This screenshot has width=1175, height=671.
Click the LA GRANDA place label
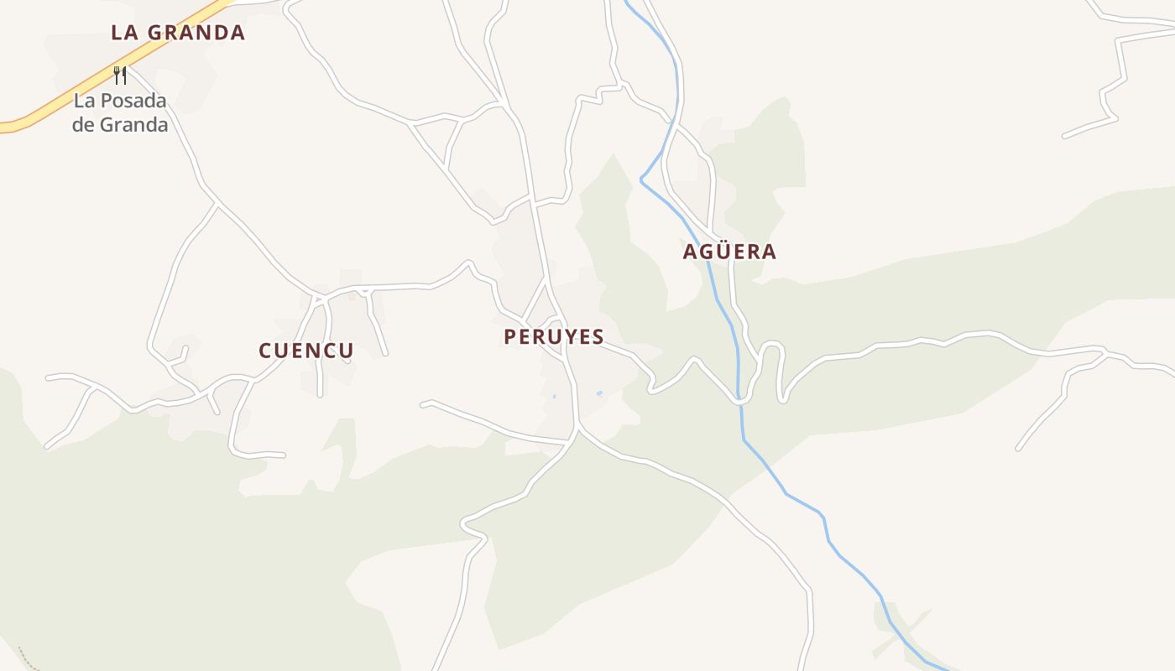pyautogui.click(x=178, y=33)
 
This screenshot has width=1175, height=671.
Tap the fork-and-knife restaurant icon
pyautogui.click(x=120, y=75)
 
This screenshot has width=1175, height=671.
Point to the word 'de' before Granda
pyautogui.click(x=83, y=125)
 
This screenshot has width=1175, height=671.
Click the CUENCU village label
pyautogui.click(x=306, y=351)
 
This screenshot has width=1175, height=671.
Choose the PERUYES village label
pyautogui.click(x=554, y=337)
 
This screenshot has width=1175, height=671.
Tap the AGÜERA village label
pyautogui.click(x=730, y=252)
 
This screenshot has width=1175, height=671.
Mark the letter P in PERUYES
pyautogui.click(x=509, y=337)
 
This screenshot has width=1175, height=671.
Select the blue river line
pyautogui.click(x=785, y=492)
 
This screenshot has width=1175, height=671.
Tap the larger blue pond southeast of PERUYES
pyautogui.click(x=599, y=393)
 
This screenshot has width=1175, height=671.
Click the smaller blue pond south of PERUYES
pyautogui.click(x=554, y=396)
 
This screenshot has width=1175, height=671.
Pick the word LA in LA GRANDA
pyautogui.click(x=123, y=33)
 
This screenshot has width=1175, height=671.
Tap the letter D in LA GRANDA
pyautogui.click(x=219, y=33)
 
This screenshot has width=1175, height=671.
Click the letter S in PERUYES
pyautogui.click(x=598, y=337)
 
